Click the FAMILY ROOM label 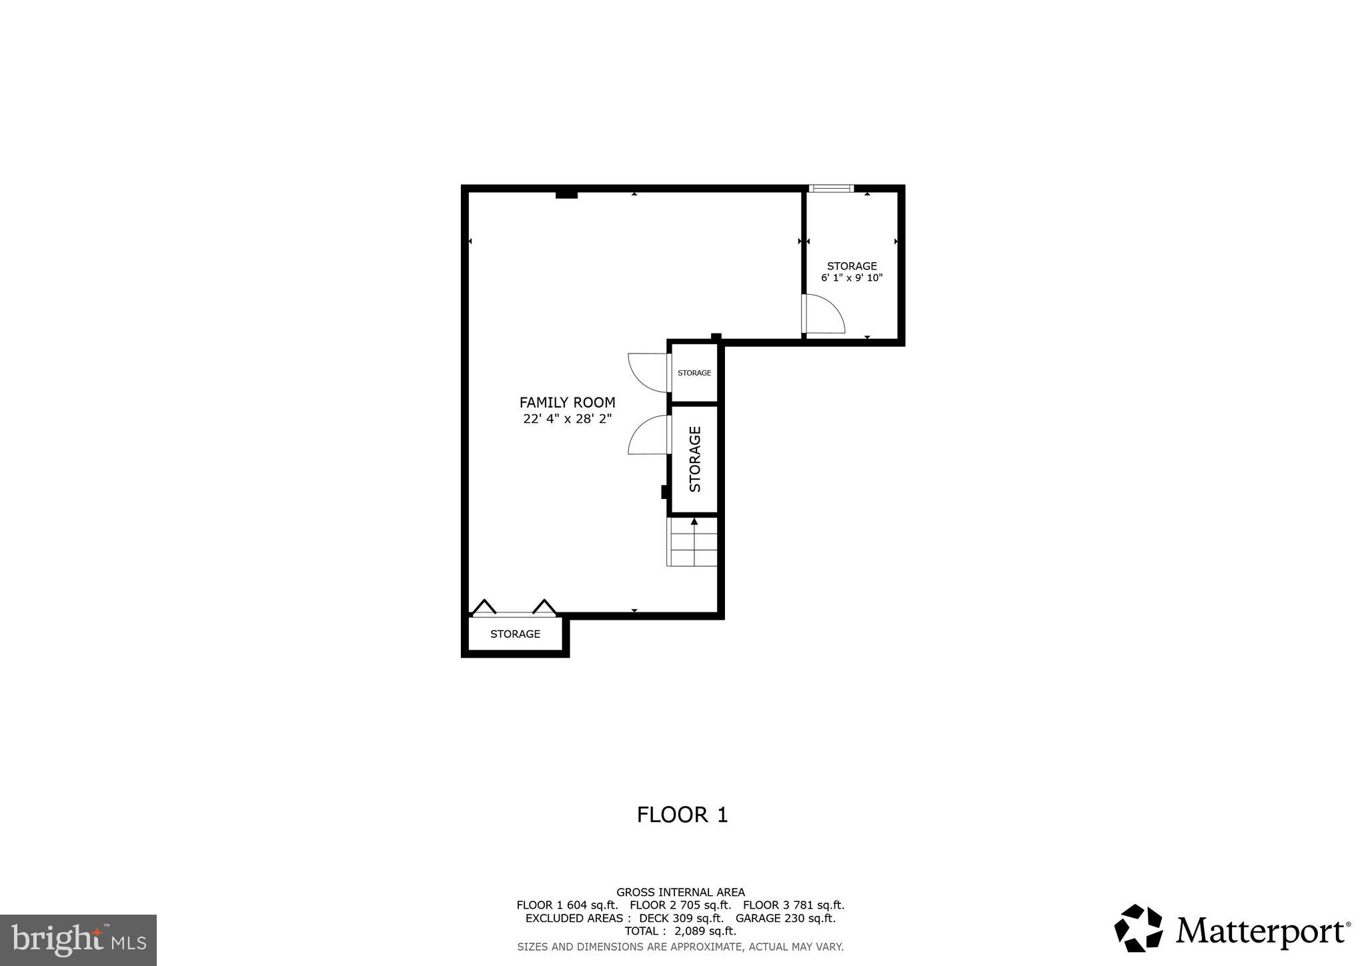click(567, 402)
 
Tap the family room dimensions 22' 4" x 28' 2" click(567, 419)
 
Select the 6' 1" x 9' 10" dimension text click(852, 278)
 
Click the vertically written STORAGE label click(694, 459)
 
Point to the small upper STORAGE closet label click(694, 373)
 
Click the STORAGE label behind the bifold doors click(515, 634)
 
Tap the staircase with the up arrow click(692, 542)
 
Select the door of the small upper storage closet click(649, 372)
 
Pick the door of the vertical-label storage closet click(649, 434)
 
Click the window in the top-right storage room click(830, 189)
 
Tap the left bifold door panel click(484, 607)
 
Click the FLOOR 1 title click(682, 815)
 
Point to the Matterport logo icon click(1138, 928)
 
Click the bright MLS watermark click(78, 941)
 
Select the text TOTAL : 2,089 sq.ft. click(680, 931)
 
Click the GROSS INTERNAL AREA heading click(680, 892)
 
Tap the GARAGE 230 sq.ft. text click(785, 918)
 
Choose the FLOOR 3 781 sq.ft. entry click(793, 905)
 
